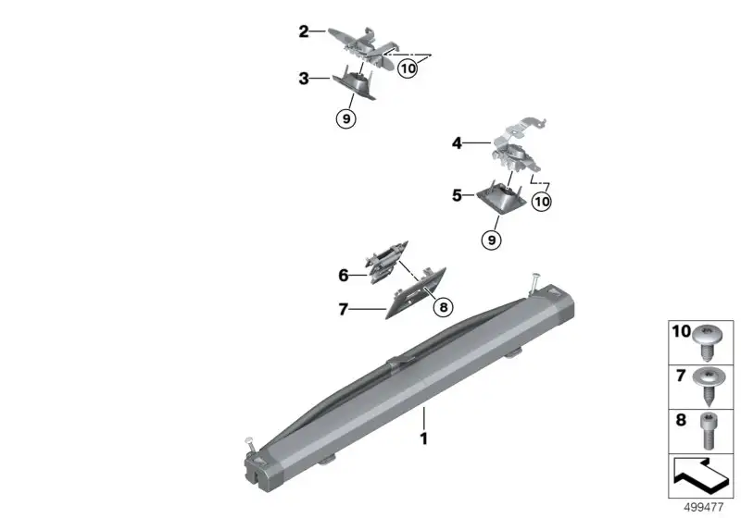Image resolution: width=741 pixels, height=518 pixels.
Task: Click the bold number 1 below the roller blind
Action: click(424, 438)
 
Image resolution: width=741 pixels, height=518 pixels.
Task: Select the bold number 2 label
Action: click(304, 31)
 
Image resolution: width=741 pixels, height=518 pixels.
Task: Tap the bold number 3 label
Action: click(304, 79)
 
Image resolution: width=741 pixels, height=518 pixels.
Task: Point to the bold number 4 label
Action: click(457, 142)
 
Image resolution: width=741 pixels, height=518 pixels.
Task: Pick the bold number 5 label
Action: click(457, 195)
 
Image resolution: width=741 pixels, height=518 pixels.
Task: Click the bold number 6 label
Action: click(344, 275)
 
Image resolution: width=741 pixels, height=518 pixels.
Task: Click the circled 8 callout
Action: click(444, 308)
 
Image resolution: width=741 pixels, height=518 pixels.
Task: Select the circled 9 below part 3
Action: click(346, 119)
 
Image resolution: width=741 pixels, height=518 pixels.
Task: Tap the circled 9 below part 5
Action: click(492, 240)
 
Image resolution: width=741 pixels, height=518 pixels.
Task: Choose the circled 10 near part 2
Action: click(408, 68)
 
